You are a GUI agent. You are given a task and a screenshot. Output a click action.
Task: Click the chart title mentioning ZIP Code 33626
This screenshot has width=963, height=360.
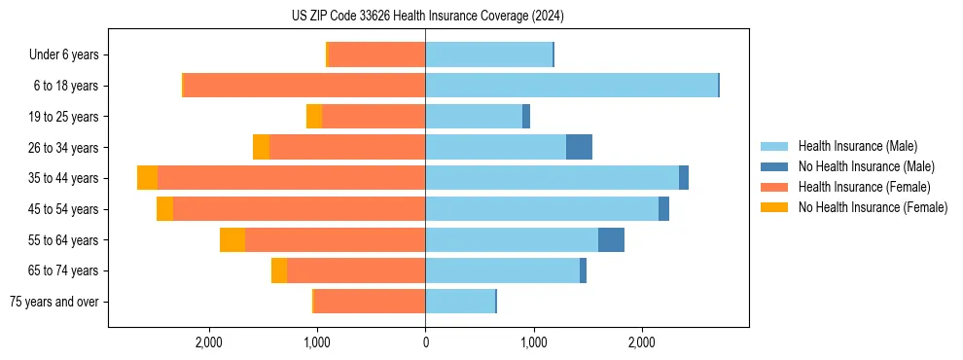pos(427,17)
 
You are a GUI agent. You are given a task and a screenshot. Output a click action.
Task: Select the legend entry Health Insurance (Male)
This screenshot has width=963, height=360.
pos(857,146)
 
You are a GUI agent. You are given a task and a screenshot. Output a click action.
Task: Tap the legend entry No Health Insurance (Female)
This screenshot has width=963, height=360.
pos(873,207)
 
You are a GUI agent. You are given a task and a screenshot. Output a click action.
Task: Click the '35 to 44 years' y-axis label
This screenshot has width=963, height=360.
pos(63,178)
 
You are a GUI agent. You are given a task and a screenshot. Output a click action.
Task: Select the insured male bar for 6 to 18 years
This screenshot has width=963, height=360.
pos(571,86)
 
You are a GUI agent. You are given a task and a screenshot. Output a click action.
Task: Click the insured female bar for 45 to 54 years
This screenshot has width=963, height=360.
pos(299,209)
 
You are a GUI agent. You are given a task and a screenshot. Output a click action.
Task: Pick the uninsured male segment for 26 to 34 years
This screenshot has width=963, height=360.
pos(579,147)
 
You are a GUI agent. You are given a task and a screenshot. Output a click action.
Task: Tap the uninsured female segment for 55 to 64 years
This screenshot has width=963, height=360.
pos(232,240)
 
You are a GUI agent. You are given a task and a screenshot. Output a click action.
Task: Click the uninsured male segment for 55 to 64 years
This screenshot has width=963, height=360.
pos(611,240)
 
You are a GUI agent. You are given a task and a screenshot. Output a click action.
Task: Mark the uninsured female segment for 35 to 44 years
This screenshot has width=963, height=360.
pos(147,178)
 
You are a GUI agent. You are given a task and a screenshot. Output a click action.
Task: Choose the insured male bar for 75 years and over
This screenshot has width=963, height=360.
pos(460,302)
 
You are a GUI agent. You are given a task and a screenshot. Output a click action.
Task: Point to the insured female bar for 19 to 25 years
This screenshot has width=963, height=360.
pos(374,117)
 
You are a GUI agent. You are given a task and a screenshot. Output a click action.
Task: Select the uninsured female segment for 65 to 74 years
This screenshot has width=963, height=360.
pos(279,270)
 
